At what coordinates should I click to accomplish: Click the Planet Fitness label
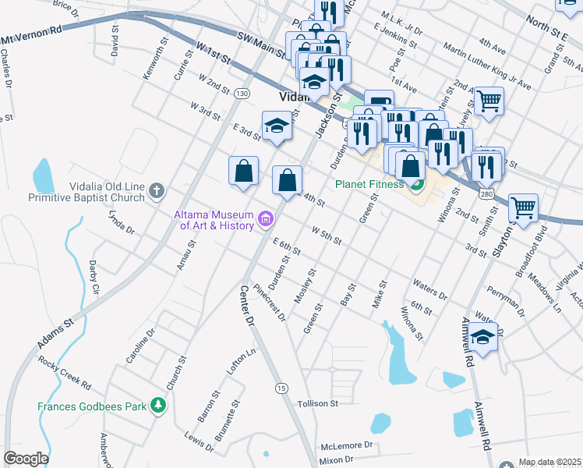(369, 185)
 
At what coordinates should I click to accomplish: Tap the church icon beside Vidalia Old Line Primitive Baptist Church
(157, 190)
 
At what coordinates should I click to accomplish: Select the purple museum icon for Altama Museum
(267, 219)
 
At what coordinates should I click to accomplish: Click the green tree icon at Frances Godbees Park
(158, 405)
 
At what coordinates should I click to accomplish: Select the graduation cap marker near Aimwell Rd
(483, 338)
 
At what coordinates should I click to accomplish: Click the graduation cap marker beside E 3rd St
(276, 126)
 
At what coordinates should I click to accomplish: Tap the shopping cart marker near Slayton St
(523, 207)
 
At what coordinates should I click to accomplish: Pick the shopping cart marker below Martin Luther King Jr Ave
(489, 100)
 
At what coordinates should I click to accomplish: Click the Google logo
(26, 459)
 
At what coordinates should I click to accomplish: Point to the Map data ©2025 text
(550, 462)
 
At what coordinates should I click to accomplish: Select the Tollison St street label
(318, 404)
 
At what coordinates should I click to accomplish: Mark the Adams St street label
(55, 332)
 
